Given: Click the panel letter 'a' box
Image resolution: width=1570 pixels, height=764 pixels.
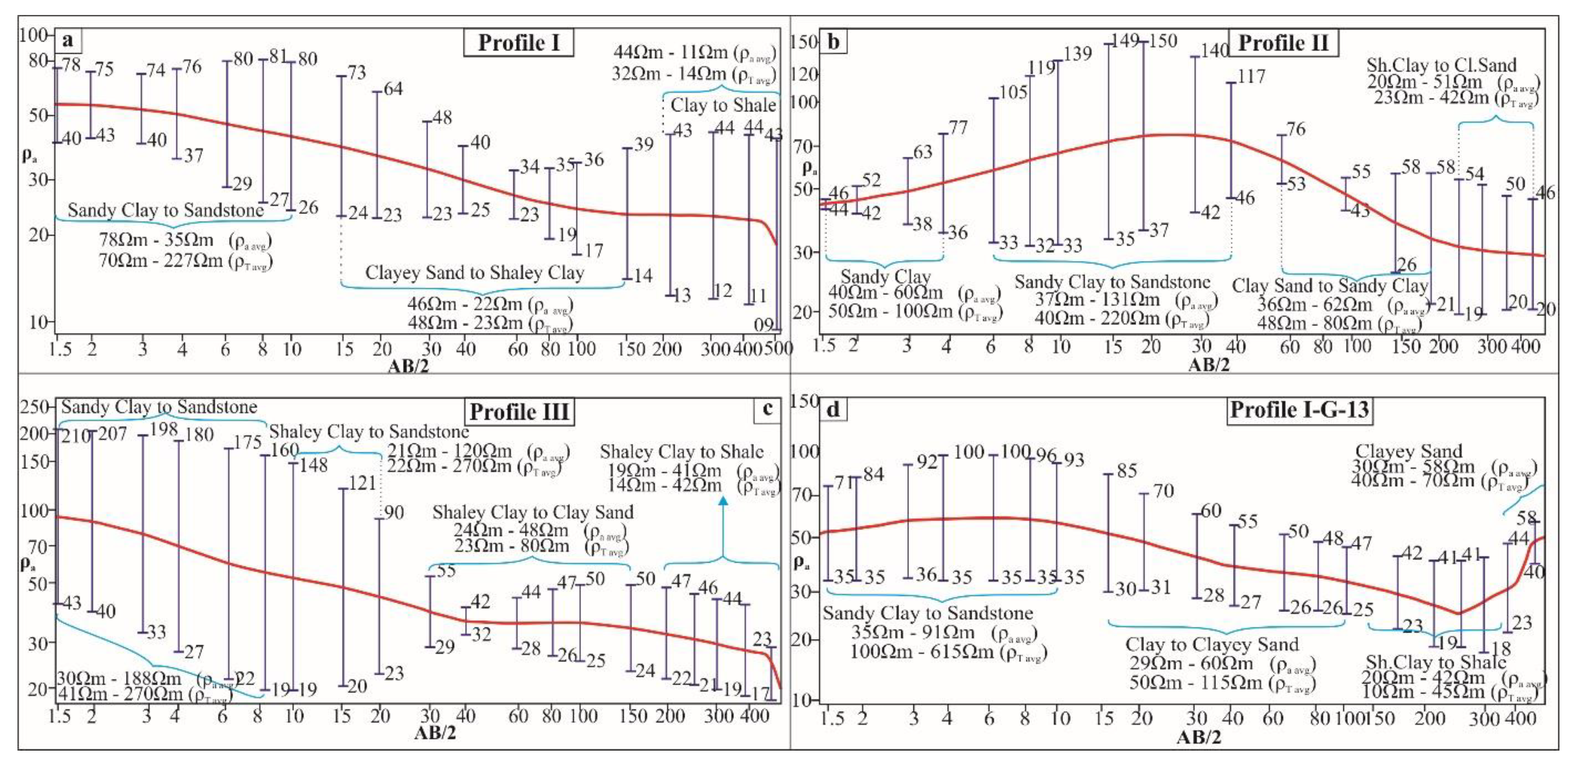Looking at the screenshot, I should pos(68,40).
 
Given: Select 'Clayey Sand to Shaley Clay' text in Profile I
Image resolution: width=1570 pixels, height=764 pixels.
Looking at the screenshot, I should pos(474,273).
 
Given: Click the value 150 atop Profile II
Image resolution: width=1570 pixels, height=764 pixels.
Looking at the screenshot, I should pos(1162,41).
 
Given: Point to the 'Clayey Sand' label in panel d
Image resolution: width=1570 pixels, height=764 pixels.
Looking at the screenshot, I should pos(1408,451).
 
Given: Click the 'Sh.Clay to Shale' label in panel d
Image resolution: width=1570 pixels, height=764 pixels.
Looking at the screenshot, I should pos(1435,662).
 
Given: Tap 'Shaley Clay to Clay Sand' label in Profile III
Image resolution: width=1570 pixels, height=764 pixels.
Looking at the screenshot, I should pos(533,512).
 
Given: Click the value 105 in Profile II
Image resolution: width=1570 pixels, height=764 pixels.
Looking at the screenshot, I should pos(1013,92).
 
